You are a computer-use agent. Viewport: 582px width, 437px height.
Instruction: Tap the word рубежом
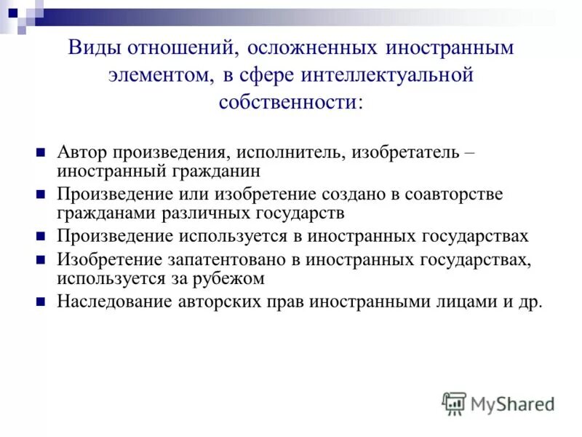233,278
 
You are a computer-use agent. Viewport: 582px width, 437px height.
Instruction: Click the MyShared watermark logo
498,403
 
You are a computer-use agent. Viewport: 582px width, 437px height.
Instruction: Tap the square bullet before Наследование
41,302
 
